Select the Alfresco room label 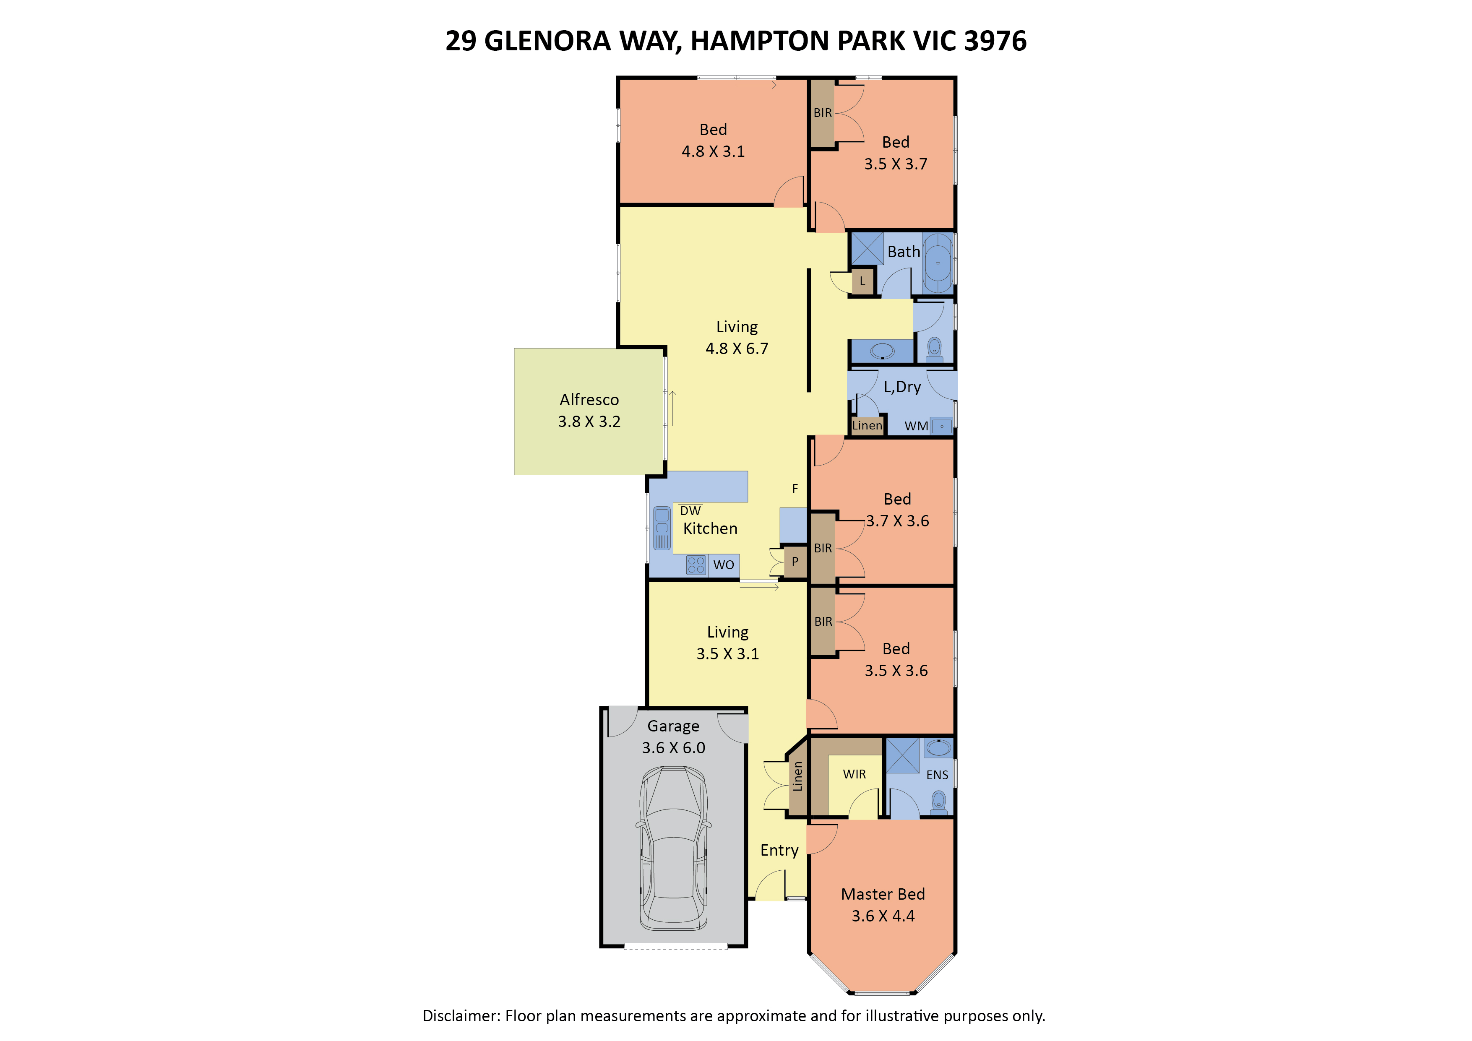coord(589,400)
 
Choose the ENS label coord(937,775)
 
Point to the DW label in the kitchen coord(690,511)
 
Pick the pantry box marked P coord(795,562)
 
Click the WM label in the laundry coord(916,426)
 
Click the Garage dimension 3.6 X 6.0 coord(674,748)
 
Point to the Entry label coord(779,851)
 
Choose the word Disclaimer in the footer coord(460,1016)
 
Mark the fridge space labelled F coord(795,489)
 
